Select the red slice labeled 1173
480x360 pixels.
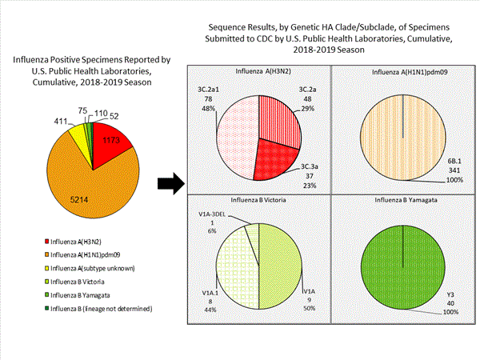tap(117, 142)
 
